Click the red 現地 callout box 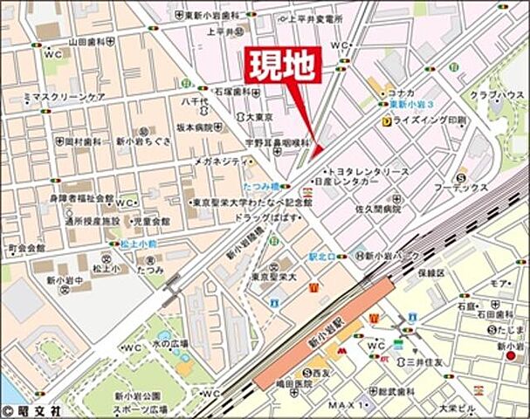(283, 64)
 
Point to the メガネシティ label (219, 161)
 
